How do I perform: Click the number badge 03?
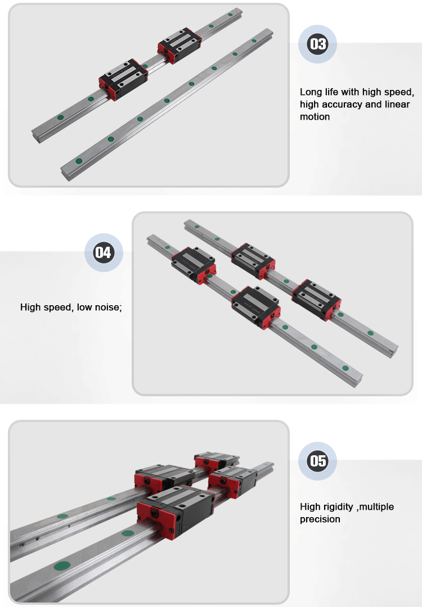pos(317,44)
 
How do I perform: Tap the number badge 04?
pos(104,252)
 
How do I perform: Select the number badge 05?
pos(317,461)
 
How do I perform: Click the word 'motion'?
pos(315,116)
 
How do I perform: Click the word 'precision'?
pos(320,519)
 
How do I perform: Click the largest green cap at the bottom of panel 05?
pos(62,566)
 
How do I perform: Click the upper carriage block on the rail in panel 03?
pos(179,45)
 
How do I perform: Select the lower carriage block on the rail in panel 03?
pos(123,79)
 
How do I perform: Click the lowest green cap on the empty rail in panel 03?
pos(79,161)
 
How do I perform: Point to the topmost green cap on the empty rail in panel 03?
pos(254,40)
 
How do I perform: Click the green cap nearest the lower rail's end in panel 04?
pos(345,368)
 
